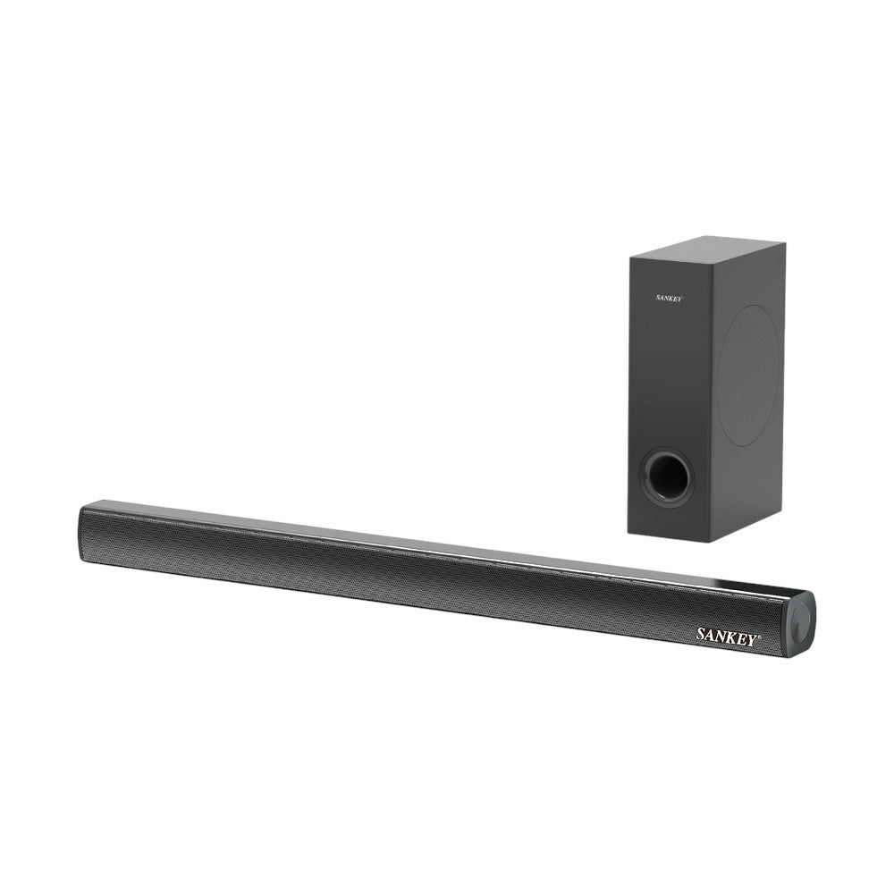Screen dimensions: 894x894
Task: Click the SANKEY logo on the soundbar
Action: tap(729, 636)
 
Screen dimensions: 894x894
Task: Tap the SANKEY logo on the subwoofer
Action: tap(668, 299)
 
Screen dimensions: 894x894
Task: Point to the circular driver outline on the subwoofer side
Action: tap(749, 375)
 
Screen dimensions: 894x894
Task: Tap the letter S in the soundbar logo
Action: tap(701, 634)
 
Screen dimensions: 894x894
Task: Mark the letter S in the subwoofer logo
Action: tap(658, 299)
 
